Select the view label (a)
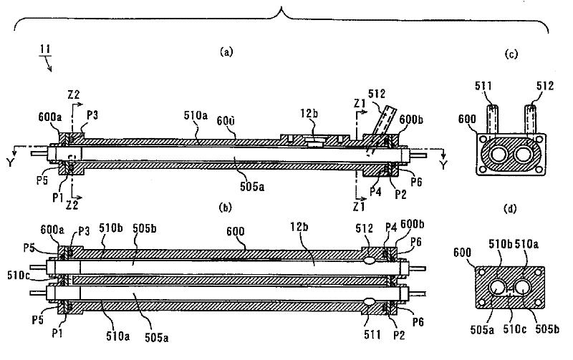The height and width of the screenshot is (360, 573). point(226,52)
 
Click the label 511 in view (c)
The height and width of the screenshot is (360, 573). point(486,87)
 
